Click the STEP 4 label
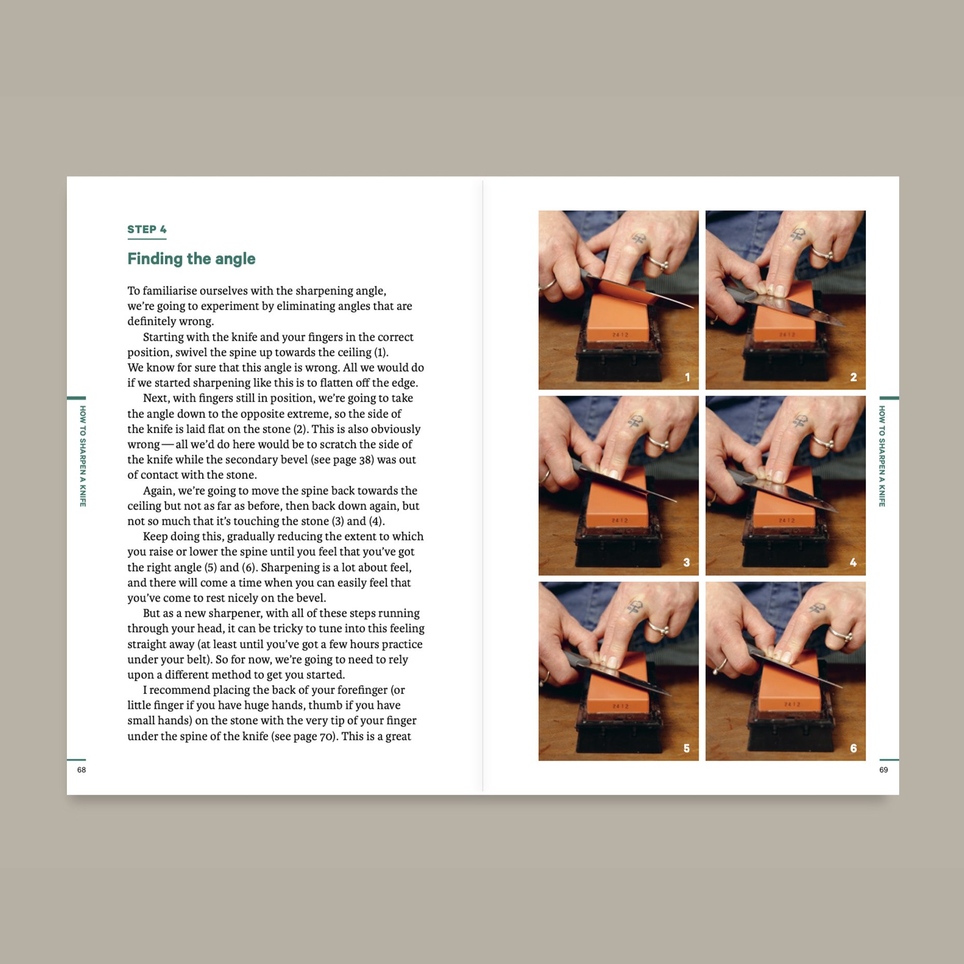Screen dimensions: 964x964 pyautogui.click(x=147, y=229)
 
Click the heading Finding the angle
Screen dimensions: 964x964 pyautogui.click(x=191, y=258)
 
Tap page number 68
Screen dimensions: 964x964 pyautogui.click(x=81, y=770)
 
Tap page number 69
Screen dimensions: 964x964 pyautogui.click(x=884, y=770)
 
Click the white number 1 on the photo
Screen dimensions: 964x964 pyautogui.click(x=687, y=377)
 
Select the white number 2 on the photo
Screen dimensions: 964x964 pyautogui.click(x=853, y=377)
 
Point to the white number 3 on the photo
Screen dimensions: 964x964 pyautogui.click(x=686, y=562)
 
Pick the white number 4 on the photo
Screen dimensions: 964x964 pyautogui.click(x=853, y=562)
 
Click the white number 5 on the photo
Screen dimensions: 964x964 pyautogui.click(x=686, y=748)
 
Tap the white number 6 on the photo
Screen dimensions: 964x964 pyautogui.click(x=853, y=748)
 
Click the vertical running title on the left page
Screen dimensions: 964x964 pyautogui.click(x=82, y=456)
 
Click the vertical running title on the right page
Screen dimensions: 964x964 pyautogui.click(x=882, y=456)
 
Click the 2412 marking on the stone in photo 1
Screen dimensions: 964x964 pyautogui.click(x=620, y=335)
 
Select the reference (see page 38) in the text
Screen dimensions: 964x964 pyautogui.click(x=342, y=459)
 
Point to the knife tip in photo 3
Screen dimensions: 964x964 pyautogui.click(x=676, y=501)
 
